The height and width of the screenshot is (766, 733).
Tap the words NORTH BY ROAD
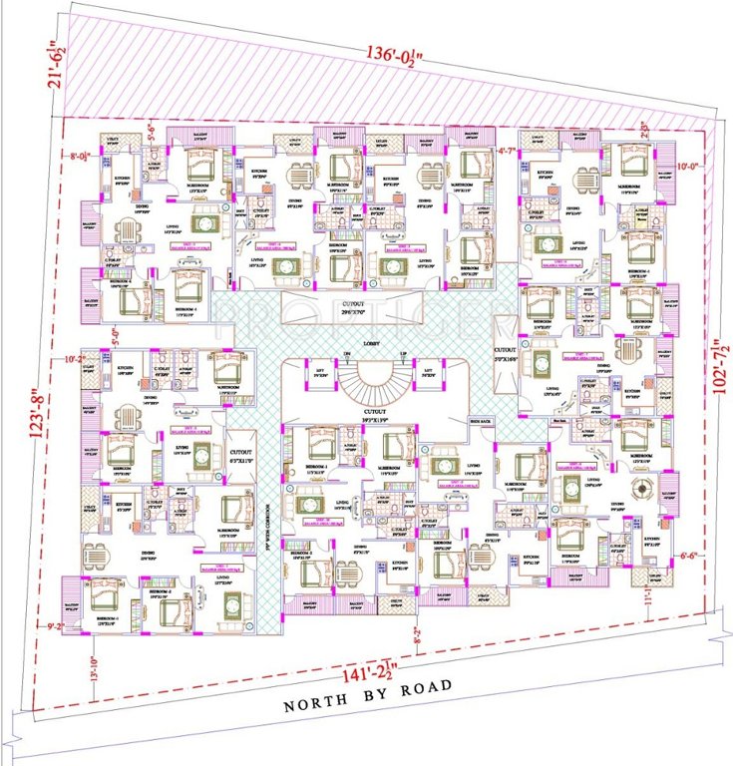[x=368, y=696]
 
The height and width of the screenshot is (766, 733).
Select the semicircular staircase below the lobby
[x=375, y=378]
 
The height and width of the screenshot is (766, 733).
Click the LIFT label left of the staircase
[x=321, y=371]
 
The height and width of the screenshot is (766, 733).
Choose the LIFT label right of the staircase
[x=429, y=371]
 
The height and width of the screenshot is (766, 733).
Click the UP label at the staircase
[x=403, y=355]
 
